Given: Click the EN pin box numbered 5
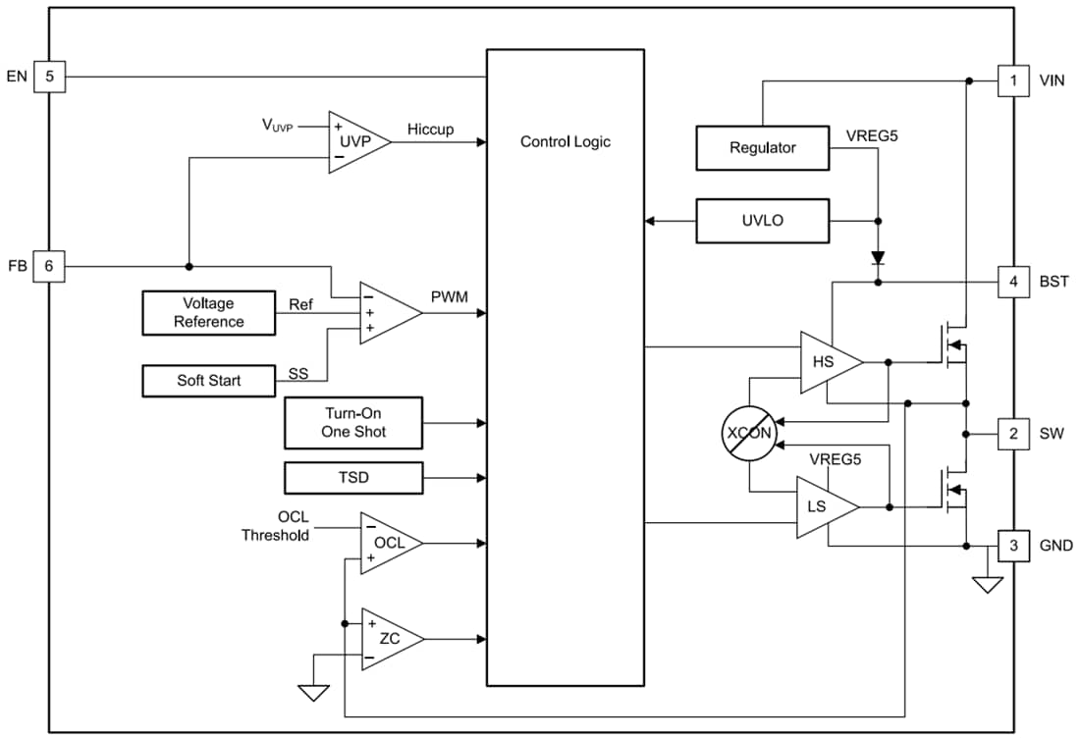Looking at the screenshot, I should (x=49, y=77).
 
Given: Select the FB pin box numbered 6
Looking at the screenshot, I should (x=49, y=266).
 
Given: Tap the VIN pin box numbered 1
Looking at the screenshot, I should (x=1013, y=80).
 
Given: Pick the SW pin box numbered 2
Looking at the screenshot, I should (x=1013, y=433).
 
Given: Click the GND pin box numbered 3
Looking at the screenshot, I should (x=1013, y=546).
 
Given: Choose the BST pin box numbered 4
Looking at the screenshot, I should (x=1013, y=282).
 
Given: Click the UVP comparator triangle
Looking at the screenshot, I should (x=354, y=141).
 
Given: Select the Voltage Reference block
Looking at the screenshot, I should (x=208, y=313).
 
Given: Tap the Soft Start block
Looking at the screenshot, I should (x=208, y=380).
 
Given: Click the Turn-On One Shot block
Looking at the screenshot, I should (x=353, y=423).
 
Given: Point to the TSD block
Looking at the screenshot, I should (x=353, y=478).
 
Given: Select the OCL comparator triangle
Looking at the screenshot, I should (x=387, y=543).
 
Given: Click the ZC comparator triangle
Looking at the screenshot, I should (x=388, y=639).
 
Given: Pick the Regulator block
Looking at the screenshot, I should (x=762, y=147).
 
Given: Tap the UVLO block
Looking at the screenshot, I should (x=762, y=221).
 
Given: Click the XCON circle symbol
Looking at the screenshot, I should (x=749, y=432).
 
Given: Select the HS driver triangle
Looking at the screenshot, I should (x=827, y=362).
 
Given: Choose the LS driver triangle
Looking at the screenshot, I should (x=823, y=507).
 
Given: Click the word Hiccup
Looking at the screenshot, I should (x=430, y=130).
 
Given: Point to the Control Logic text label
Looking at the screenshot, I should (x=565, y=141).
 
